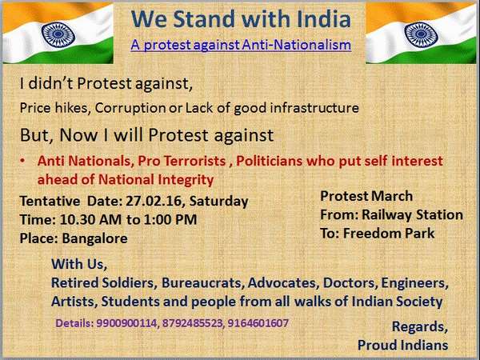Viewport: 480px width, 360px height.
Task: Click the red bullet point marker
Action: click(25, 161)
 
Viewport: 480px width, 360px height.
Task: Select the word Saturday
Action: click(222, 202)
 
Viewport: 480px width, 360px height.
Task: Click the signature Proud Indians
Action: click(402, 345)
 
